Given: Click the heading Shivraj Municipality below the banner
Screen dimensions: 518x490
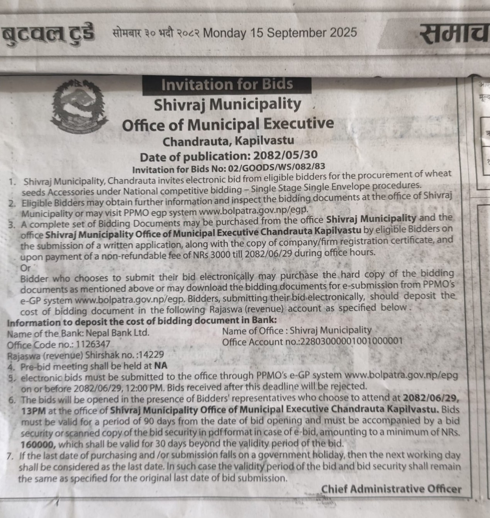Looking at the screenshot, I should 227,104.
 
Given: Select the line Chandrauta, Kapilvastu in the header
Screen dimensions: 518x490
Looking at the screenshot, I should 228,141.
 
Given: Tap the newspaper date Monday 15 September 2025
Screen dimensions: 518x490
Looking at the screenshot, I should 280,33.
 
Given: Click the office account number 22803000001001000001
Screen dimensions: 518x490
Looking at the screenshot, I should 351,341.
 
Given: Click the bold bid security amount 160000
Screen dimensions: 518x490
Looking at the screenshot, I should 38,445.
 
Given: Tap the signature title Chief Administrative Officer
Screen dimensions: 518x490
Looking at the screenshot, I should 391,489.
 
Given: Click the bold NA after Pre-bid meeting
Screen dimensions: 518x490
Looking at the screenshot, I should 161,365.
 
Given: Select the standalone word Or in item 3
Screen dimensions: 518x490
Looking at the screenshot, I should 25,268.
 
